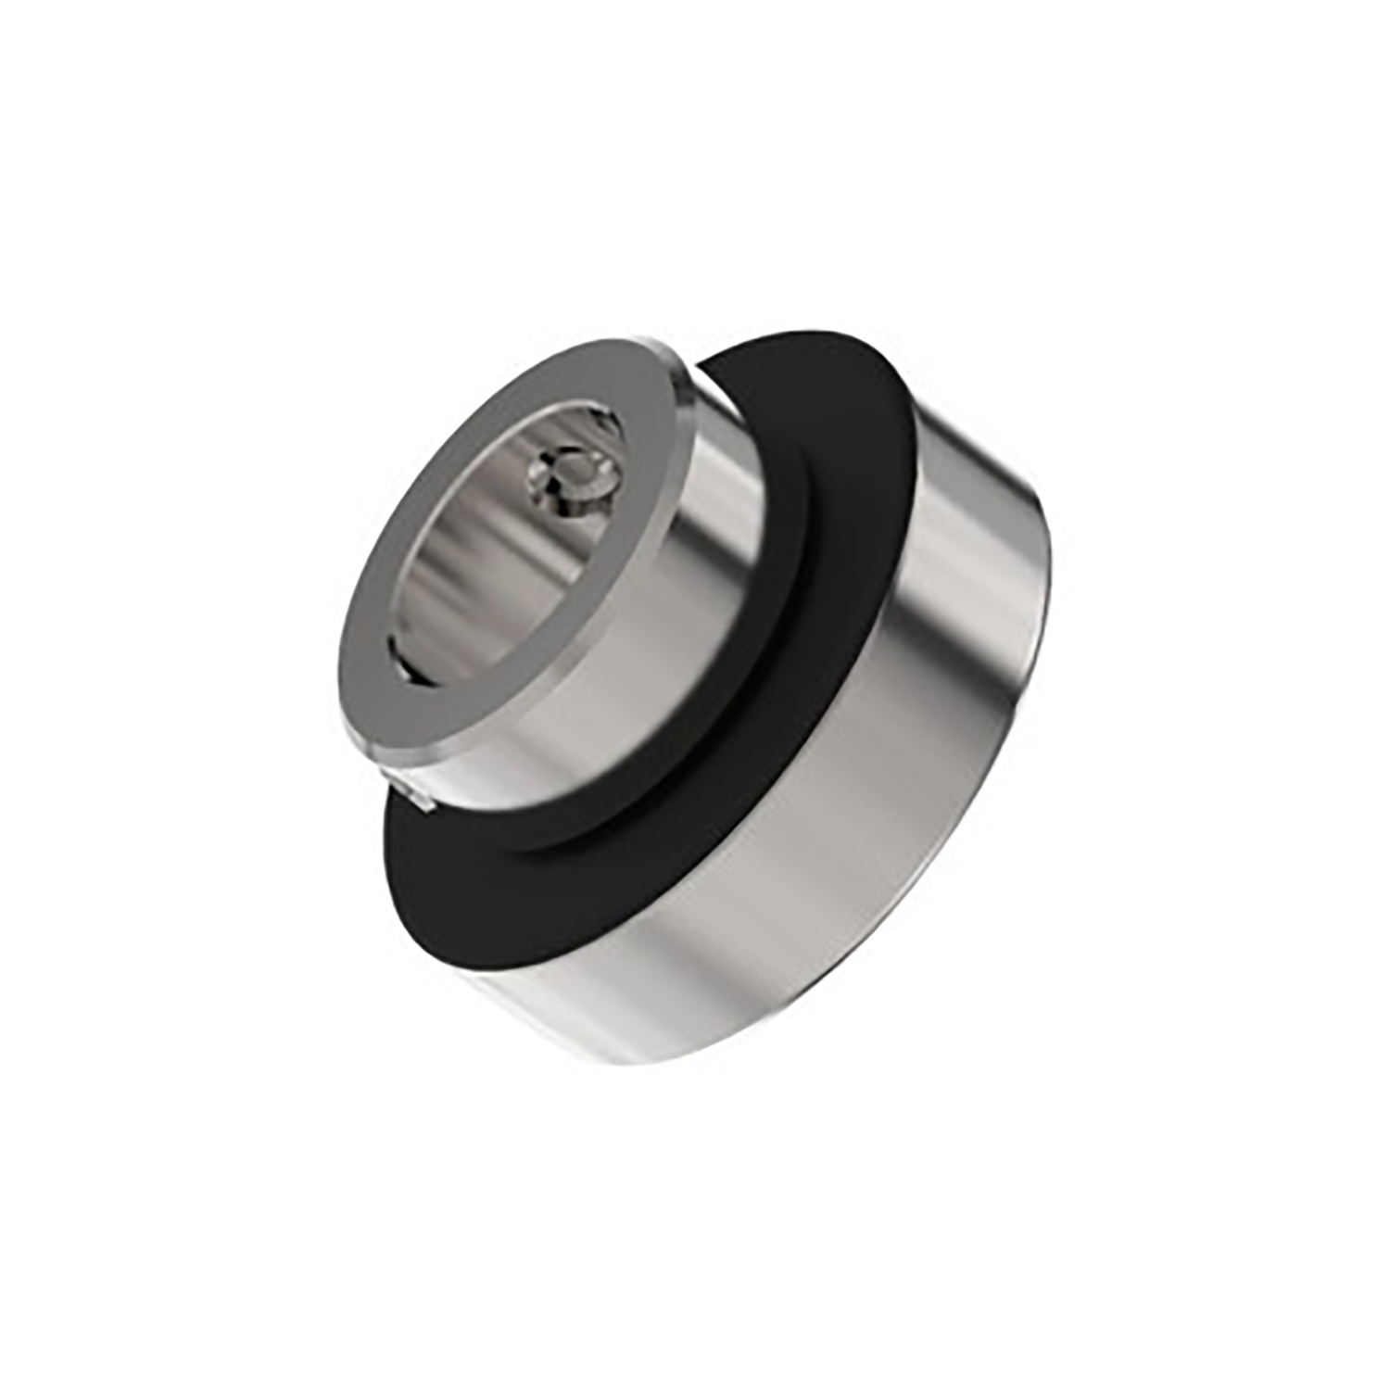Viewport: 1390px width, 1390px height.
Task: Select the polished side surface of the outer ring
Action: point(834,834)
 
